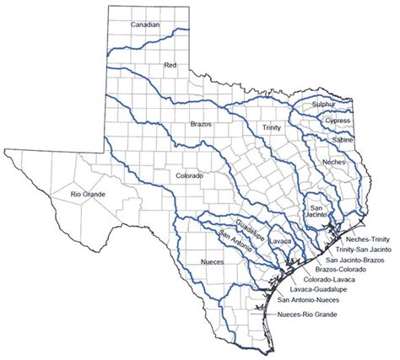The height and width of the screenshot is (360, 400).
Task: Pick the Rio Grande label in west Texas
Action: pos(88,195)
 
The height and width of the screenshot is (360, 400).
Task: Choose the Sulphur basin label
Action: pos(324,104)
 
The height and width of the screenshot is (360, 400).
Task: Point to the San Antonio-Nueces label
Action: pos(309,300)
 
